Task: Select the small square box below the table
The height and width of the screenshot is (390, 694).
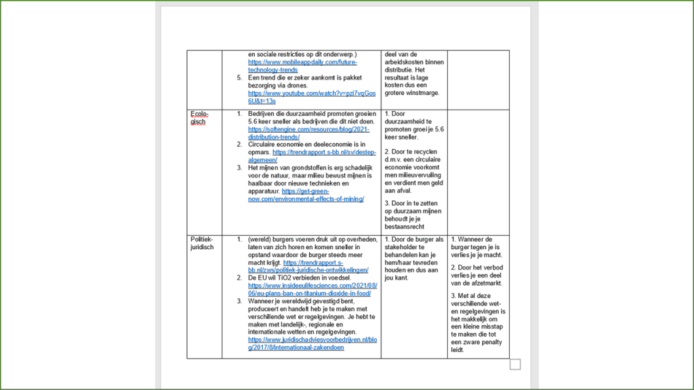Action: [x=514, y=365]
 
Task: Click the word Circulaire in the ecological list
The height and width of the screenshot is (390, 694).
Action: [x=263, y=144]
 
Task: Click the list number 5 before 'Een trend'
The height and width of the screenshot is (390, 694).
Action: [x=240, y=77]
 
